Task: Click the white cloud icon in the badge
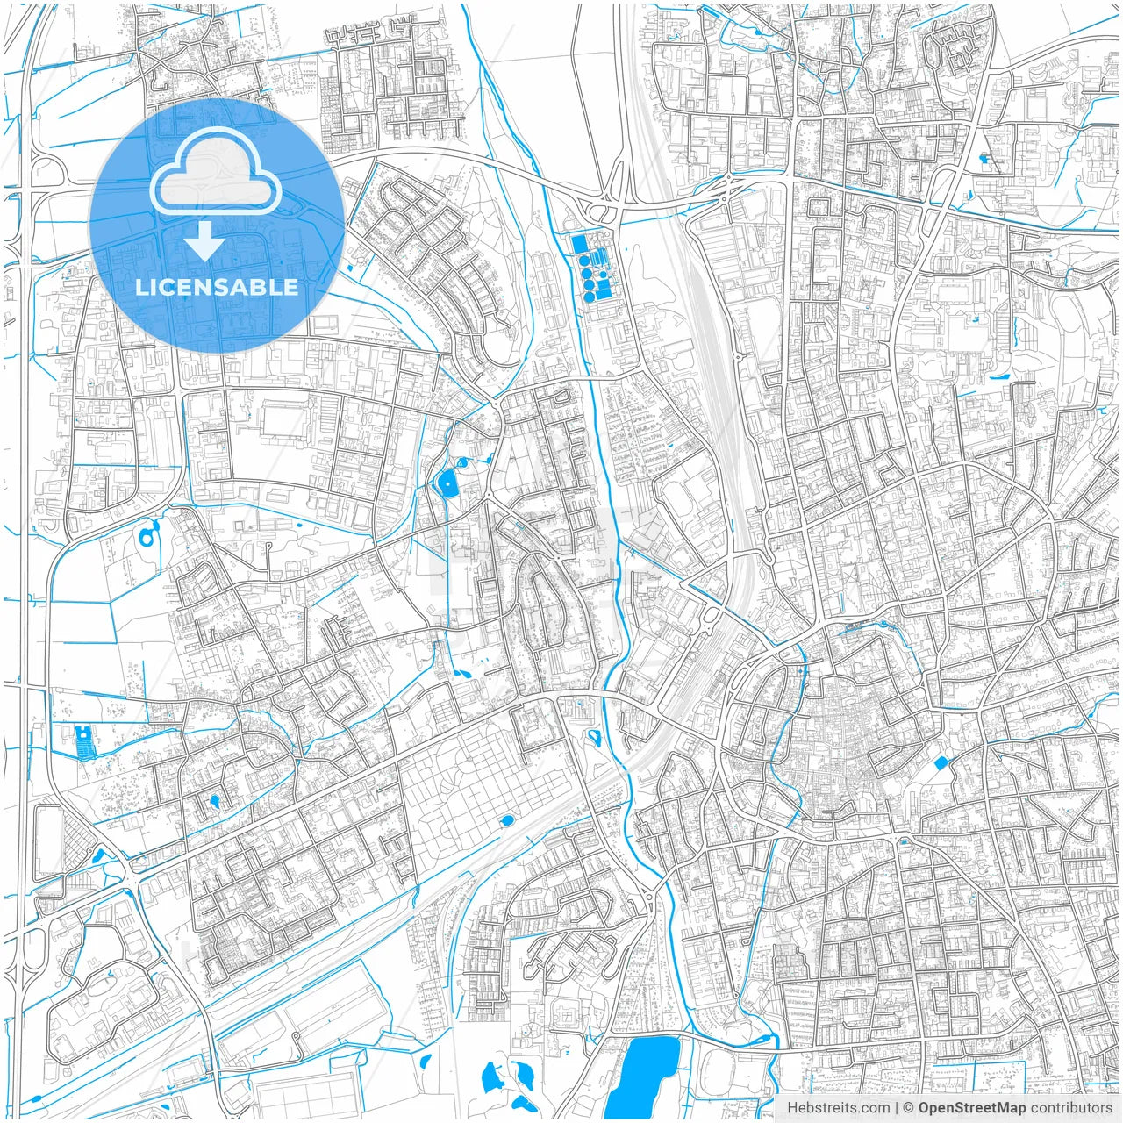pyautogui.click(x=216, y=171)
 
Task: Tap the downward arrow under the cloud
pyautogui.click(x=204, y=241)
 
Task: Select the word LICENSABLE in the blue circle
pyautogui.click(x=216, y=287)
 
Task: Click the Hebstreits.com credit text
pyautogui.click(x=838, y=1108)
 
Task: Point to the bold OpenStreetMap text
pyautogui.click(x=971, y=1108)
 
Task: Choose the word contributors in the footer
pyautogui.click(x=1071, y=1108)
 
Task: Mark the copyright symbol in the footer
pyautogui.click(x=909, y=1108)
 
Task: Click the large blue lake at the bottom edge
pyautogui.click(x=645, y=1075)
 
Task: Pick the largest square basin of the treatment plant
pyautogui.click(x=579, y=243)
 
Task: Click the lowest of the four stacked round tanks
pyautogui.click(x=590, y=296)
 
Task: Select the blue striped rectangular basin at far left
pyautogui.click(x=83, y=741)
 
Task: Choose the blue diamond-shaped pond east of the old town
pyautogui.click(x=941, y=762)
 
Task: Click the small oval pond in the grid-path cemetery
pyautogui.click(x=506, y=821)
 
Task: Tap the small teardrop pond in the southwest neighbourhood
pyautogui.click(x=213, y=800)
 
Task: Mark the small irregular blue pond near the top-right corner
pyautogui.click(x=984, y=160)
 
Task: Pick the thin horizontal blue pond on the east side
pyautogui.click(x=998, y=377)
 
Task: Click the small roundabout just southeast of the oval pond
pyautogui.click(x=489, y=498)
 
